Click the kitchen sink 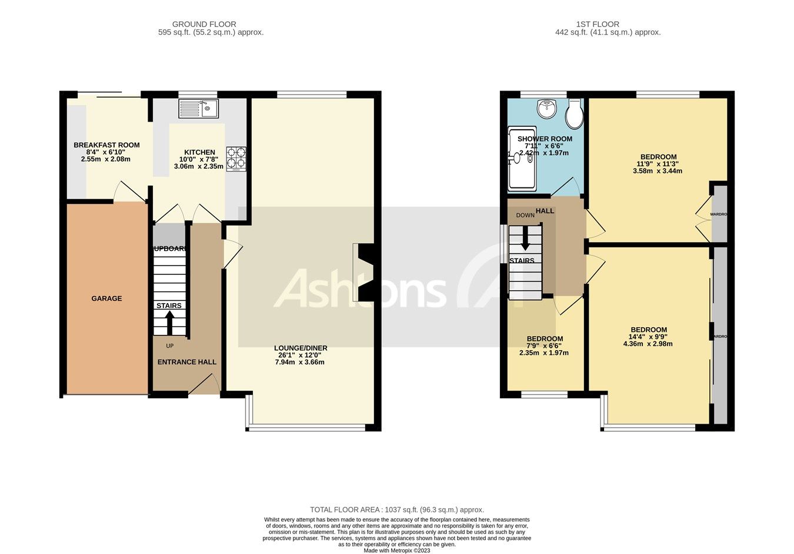199,109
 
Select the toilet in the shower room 574,115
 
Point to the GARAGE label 106,298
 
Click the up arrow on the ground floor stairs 169,322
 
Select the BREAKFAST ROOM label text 106,145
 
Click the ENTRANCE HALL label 186,362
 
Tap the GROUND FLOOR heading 204,24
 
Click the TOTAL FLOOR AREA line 397,510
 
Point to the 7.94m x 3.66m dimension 300,362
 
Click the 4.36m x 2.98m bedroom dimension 648,344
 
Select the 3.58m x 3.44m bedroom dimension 658,171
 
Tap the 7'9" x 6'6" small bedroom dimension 544,346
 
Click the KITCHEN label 200,152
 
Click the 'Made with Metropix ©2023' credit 397,550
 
